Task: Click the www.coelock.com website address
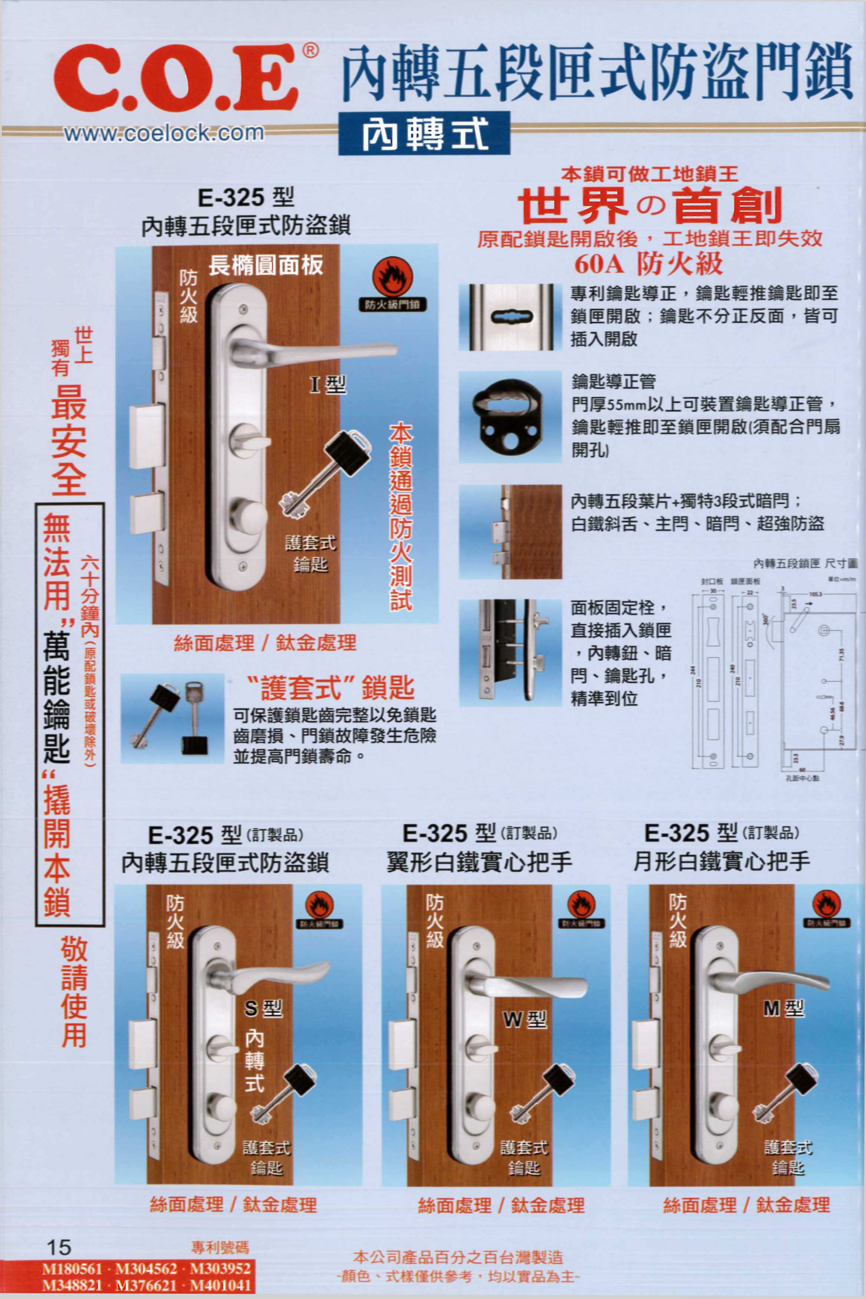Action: tap(164, 133)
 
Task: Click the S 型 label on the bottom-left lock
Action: tap(263, 1009)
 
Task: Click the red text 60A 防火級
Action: tap(648, 264)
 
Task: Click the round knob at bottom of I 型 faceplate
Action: tap(249, 516)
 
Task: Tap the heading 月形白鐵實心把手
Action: tap(721, 861)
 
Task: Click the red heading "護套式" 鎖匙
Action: tap(330, 687)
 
